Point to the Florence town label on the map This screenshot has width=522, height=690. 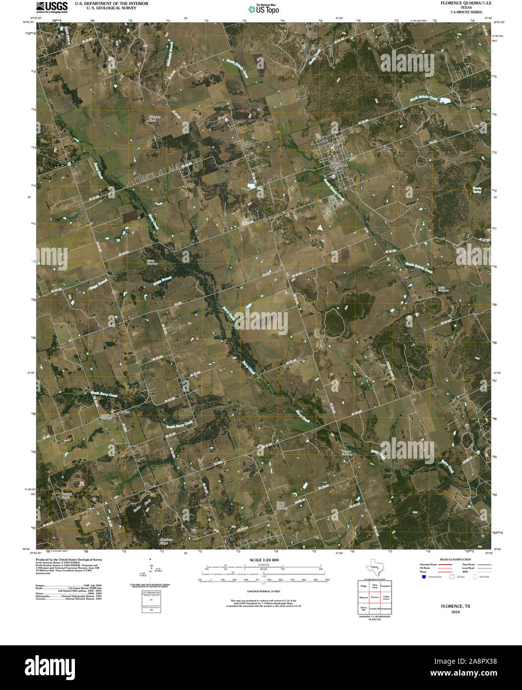coord(340,164)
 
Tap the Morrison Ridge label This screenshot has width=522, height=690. coord(152,541)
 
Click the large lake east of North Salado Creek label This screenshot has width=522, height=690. coord(443,101)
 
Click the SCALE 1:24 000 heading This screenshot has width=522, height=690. coord(264,560)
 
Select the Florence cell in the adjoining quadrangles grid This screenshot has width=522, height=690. coord(375,597)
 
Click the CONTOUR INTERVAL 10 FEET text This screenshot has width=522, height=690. coord(264,592)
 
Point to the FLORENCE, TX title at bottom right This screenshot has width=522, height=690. coord(456,606)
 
